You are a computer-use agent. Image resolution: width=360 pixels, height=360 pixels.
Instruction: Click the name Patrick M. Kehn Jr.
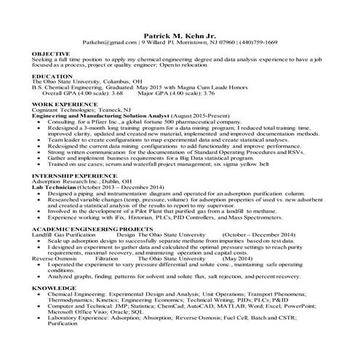(180, 34)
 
